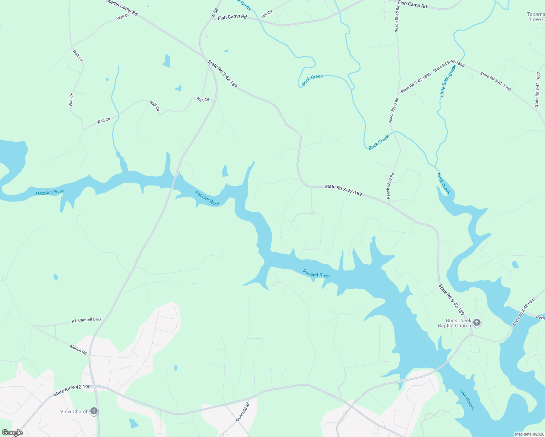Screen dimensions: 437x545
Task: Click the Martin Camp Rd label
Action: pos(122,7)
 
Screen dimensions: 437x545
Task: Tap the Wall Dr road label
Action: pos(123,17)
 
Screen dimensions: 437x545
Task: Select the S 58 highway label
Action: pos(215,12)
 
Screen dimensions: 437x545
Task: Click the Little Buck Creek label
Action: pos(448,81)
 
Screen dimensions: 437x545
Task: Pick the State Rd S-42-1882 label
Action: pos(537,89)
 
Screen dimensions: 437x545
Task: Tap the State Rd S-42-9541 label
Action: pos(524,312)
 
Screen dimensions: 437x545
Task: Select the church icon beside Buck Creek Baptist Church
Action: pos(477,323)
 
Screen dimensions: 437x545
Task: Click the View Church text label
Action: pos(74,412)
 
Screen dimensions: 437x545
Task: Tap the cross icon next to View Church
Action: pos(94,412)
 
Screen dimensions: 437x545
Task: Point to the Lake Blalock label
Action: pos(467,399)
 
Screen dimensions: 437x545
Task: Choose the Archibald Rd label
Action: pos(243,412)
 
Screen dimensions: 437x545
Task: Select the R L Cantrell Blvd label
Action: pos(86,320)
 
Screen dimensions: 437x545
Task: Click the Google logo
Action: pos(12,433)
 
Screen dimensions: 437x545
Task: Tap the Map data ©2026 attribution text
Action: pos(529,434)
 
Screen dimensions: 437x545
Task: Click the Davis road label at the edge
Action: pos(540,318)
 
